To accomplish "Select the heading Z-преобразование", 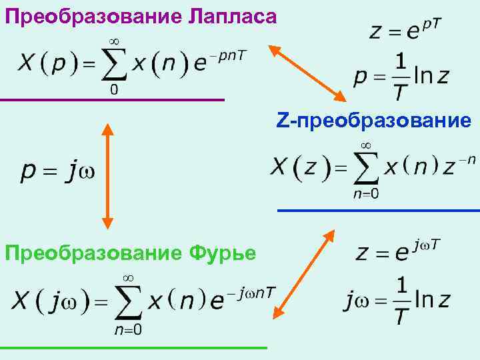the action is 374,120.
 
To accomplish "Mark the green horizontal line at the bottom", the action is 133,347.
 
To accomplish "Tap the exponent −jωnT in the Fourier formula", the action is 252,291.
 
